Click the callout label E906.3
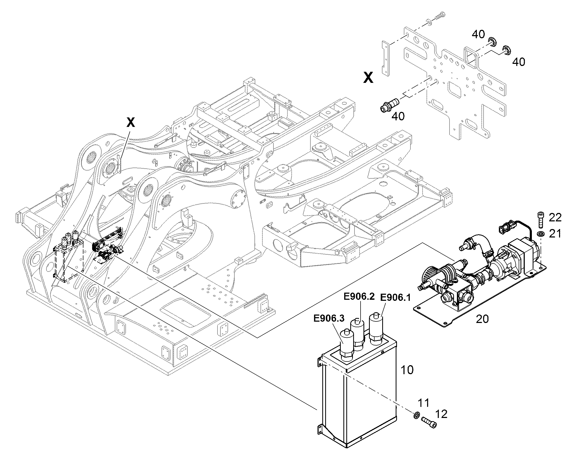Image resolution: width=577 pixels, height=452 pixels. (329, 318)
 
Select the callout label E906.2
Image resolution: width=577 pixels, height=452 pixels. (359, 297)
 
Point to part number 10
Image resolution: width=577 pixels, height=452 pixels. (407, 370)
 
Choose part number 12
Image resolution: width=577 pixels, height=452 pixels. (441, 414)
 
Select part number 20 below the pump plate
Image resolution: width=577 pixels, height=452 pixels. (482, 319)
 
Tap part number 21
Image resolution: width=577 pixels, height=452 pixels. (555, 234)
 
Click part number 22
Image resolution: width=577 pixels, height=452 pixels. (555, 217)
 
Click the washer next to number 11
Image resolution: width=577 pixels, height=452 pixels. (416, 415)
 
